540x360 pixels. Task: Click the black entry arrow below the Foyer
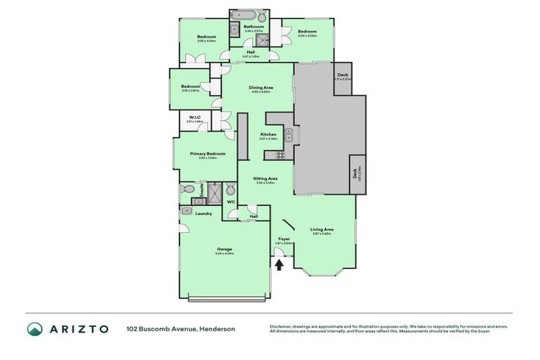[281, 265]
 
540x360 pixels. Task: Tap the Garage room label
[224, 249]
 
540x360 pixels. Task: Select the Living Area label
[322, 229]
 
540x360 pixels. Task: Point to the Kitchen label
[268, 134]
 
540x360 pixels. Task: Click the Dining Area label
[260, 88]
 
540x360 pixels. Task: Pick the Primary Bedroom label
[207, 153]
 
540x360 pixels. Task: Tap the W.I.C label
[194, 117]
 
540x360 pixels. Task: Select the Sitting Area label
[265, 179]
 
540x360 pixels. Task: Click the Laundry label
[203, 213]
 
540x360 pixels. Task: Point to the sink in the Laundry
[187, 210]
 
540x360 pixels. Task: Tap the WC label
[230, 202]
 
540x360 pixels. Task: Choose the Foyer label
[283, 239]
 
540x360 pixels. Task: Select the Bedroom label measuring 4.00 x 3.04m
[307, 32]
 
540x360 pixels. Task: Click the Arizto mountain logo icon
[34, 328]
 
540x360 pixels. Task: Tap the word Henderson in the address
[219, 328]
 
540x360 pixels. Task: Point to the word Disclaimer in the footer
[281, 326]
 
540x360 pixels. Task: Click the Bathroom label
[254, 27]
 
